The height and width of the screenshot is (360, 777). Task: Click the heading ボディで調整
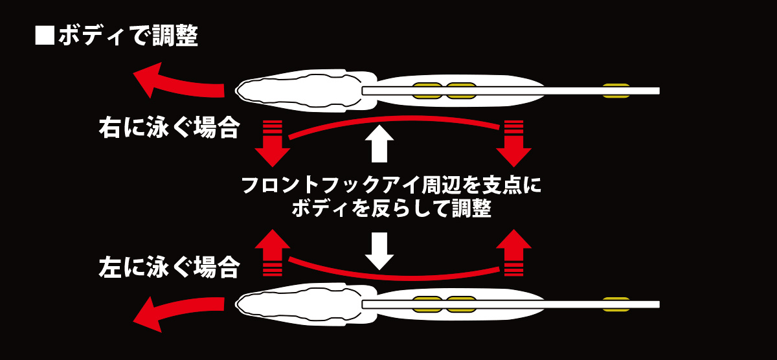coord(128,36)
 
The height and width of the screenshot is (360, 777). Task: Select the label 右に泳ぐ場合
coord(168,128)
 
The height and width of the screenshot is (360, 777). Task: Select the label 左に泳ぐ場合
coord(168,266)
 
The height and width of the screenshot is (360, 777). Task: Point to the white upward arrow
coord(379,143)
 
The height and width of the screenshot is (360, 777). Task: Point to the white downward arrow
coord(379,251)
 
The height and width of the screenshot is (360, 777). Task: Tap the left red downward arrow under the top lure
coord(272,146)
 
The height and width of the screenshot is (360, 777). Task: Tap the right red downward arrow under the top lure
coord(513,146)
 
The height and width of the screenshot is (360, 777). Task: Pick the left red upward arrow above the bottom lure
coord(272,249)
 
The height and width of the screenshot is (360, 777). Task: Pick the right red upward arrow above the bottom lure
coord(513,249)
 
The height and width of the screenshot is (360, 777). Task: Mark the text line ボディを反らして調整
coord(392,209)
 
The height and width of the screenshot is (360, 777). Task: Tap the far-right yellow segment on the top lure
coord(616,91)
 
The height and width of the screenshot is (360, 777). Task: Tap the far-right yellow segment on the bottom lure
coord(616,304)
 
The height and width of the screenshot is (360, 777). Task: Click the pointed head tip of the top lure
coord(237,91)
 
